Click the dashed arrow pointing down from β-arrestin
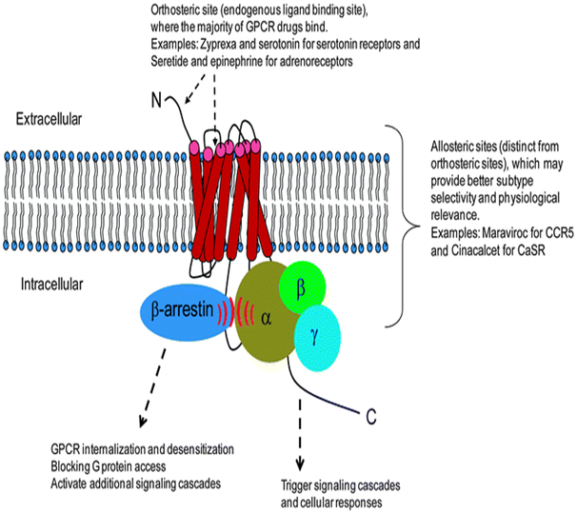151,390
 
